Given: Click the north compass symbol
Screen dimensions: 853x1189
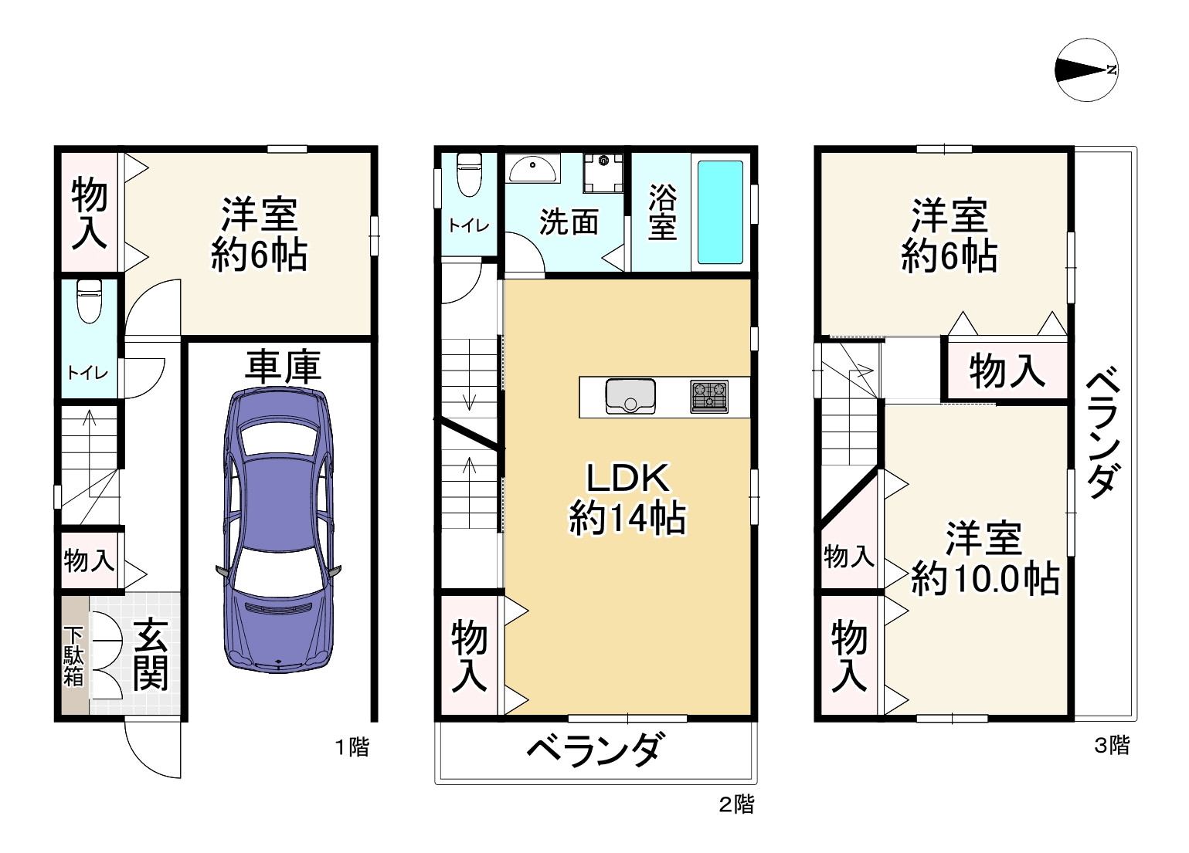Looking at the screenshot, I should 1086,69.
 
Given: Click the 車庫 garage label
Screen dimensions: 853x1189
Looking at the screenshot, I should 283,367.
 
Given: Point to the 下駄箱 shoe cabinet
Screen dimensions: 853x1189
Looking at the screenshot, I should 73,656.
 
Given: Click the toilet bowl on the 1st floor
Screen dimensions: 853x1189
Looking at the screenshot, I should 90,302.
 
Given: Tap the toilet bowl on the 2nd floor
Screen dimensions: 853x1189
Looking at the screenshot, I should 469,174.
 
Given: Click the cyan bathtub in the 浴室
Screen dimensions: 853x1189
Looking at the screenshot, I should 720,212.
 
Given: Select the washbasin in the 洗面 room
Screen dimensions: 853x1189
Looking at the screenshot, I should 532,168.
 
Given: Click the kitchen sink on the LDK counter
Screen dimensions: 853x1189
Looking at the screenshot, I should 630,396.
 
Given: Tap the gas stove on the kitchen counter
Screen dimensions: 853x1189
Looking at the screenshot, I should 709,396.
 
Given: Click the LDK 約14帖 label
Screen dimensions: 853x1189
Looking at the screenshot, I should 627,499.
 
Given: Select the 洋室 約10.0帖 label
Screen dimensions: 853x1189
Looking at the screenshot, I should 984,557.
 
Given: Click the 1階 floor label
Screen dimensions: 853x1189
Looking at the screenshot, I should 352,746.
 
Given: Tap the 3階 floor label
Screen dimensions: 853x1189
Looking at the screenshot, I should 1112,745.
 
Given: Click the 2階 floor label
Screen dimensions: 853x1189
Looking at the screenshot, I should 736,804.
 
